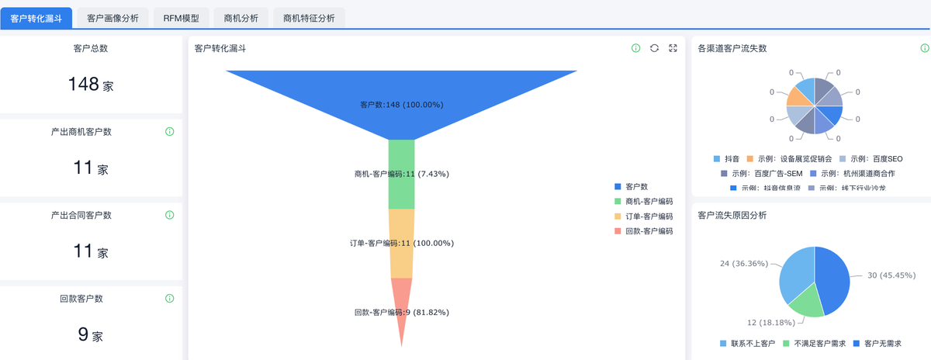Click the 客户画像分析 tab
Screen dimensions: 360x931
tap(112, 18)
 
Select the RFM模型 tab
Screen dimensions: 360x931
tap(181, 18)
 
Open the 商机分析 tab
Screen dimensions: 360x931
tap(241, 18)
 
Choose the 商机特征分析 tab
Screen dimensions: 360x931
tap(309, 18)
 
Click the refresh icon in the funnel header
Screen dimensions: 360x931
tap(654, 48)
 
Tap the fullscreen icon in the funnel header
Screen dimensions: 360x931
tap(673, 48)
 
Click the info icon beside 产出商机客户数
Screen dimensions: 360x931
tap(170, 132)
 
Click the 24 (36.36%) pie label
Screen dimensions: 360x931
tap(744, 264)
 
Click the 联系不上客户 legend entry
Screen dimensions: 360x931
tap(748, 343)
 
